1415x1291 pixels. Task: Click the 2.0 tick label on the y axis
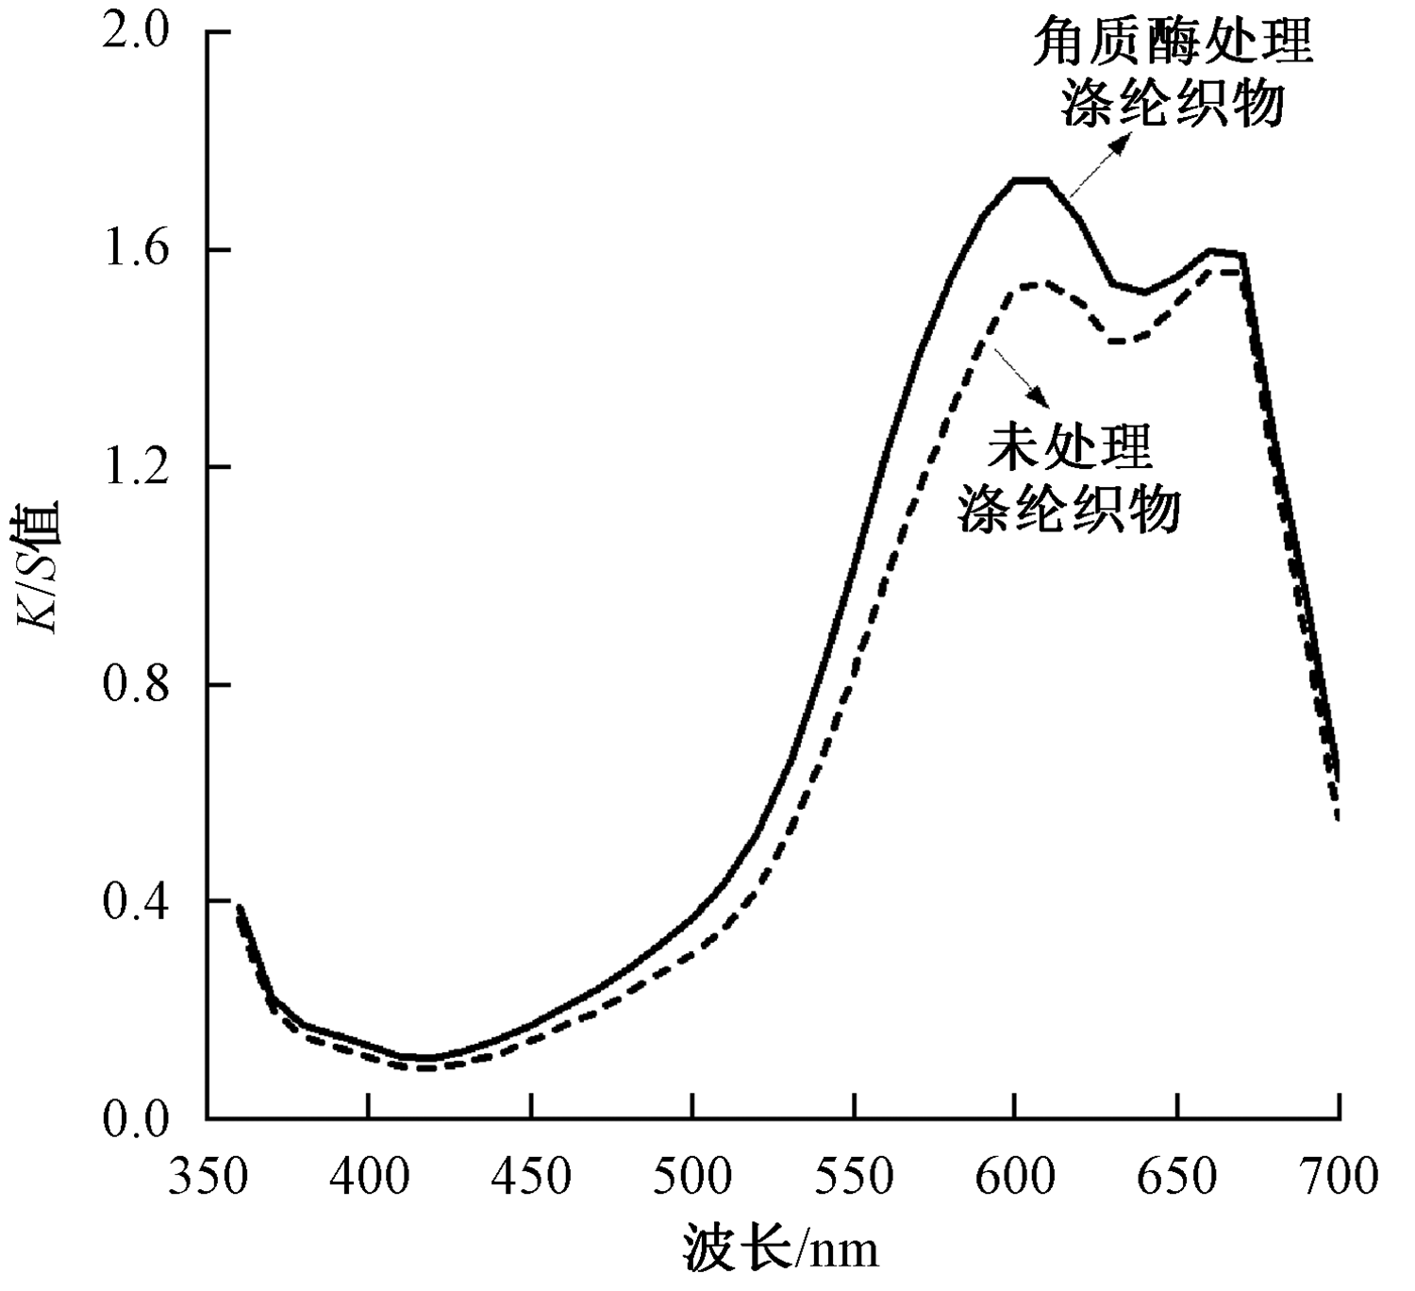tap(140, 34)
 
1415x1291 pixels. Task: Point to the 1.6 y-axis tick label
tap(140, 251)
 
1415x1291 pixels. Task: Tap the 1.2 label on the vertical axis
tap(140, 468)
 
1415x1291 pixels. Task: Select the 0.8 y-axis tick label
tap(140, 685)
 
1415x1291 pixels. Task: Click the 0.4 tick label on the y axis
tap(140, 902)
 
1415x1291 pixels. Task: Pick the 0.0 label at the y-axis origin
tap(140, 1119)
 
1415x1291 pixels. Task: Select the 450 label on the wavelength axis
tap(531, 1177)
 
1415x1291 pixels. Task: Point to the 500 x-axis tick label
tap(692, 1177)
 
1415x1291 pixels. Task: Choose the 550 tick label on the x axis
tap(854, 1177)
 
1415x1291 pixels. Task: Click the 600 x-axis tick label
tap(1015, 1177)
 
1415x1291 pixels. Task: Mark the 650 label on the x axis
tap(1176, 1177)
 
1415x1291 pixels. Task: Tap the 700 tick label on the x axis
tap(1338, 1177)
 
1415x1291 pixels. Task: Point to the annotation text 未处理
tap(1070, 445)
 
